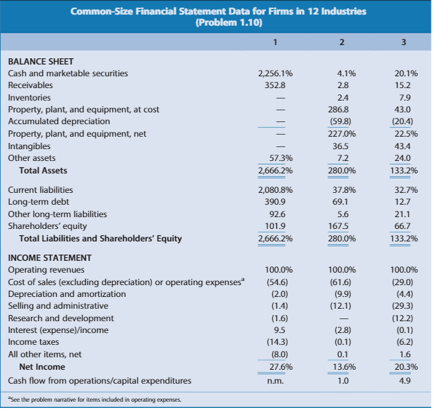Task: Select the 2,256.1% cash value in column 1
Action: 274,74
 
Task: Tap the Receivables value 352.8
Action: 271,85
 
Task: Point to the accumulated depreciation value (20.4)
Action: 403,122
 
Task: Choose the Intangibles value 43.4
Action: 403,146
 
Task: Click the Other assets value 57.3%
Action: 278,158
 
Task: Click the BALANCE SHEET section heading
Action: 41,61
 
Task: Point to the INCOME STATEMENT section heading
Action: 50,257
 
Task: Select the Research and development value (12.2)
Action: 403,318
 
